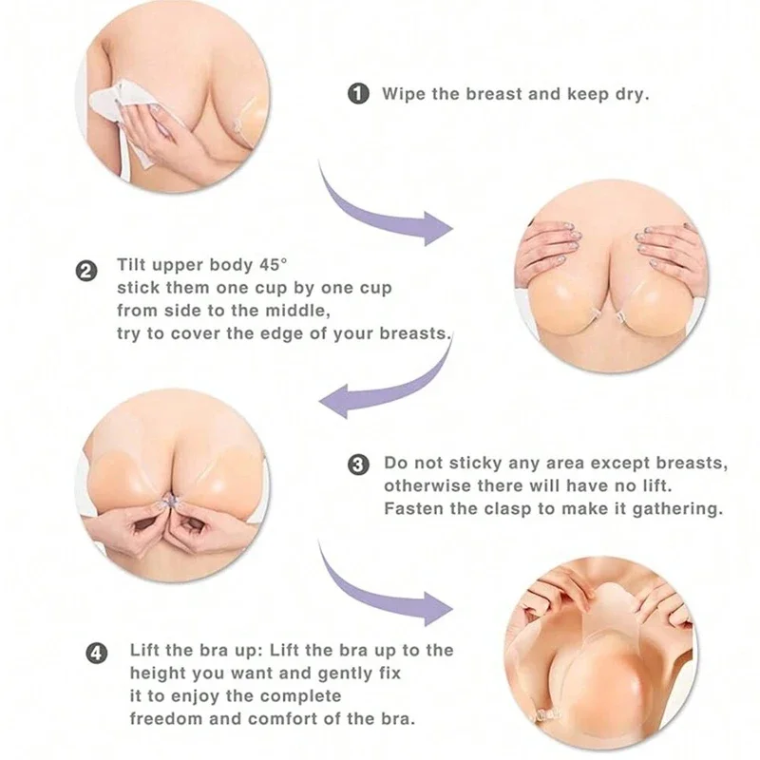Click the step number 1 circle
(358, 93)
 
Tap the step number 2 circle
(86, 271)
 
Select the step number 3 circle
(358, 465)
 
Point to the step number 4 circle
(97, 654)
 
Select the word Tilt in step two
(131, 265)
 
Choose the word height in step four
(158, 674)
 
